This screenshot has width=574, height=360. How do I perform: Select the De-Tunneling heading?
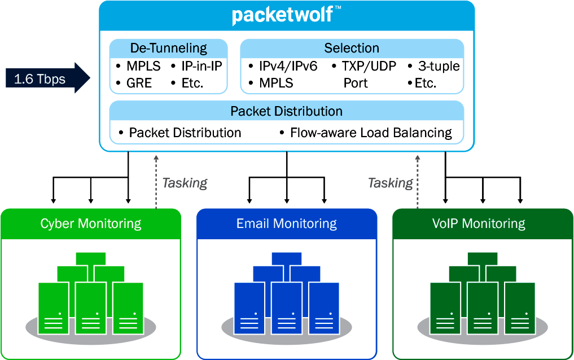[168, 48]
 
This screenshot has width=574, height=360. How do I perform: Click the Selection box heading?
[351, 48]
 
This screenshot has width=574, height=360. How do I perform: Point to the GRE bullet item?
[139, 83]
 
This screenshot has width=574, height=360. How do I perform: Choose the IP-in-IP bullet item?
[201, 66]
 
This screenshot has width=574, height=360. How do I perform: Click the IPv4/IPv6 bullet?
[288, 66]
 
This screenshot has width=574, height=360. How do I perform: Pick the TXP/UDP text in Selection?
[369, 66]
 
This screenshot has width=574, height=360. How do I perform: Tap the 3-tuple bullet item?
[439, 66]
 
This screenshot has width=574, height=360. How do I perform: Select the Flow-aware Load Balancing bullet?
[371, 133]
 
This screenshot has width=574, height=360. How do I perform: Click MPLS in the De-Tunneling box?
[143, 66]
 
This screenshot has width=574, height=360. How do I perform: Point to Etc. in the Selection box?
[425, 83]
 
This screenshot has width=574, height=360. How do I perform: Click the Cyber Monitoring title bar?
[90, 223]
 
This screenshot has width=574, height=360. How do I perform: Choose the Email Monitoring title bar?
[286, 223]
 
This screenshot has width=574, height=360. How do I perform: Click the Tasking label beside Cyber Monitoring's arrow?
[185, 183]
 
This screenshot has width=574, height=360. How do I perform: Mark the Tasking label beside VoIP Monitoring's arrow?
[390, 183]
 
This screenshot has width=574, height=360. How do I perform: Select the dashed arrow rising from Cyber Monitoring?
[156, 181]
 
